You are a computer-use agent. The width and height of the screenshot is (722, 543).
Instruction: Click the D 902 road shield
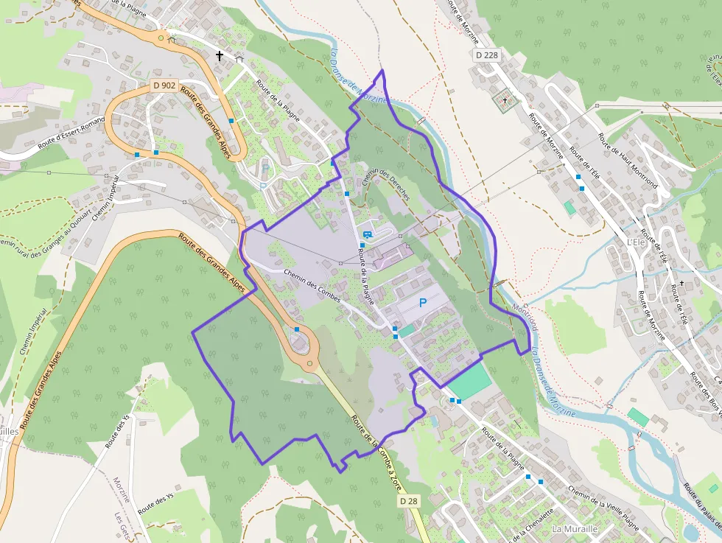164,85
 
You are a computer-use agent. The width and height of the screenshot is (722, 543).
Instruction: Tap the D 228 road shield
487,55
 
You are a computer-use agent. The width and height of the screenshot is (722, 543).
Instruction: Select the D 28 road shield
409,501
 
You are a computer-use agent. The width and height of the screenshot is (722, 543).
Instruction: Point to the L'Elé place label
635,242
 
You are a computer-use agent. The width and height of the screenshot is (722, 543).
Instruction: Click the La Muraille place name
575,529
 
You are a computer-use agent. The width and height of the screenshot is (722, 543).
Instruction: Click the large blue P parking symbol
423,302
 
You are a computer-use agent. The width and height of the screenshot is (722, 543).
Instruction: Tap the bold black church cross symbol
219,55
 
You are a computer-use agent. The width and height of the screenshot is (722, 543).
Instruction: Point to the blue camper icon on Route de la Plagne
367,234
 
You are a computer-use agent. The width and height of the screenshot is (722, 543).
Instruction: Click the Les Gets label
122,524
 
